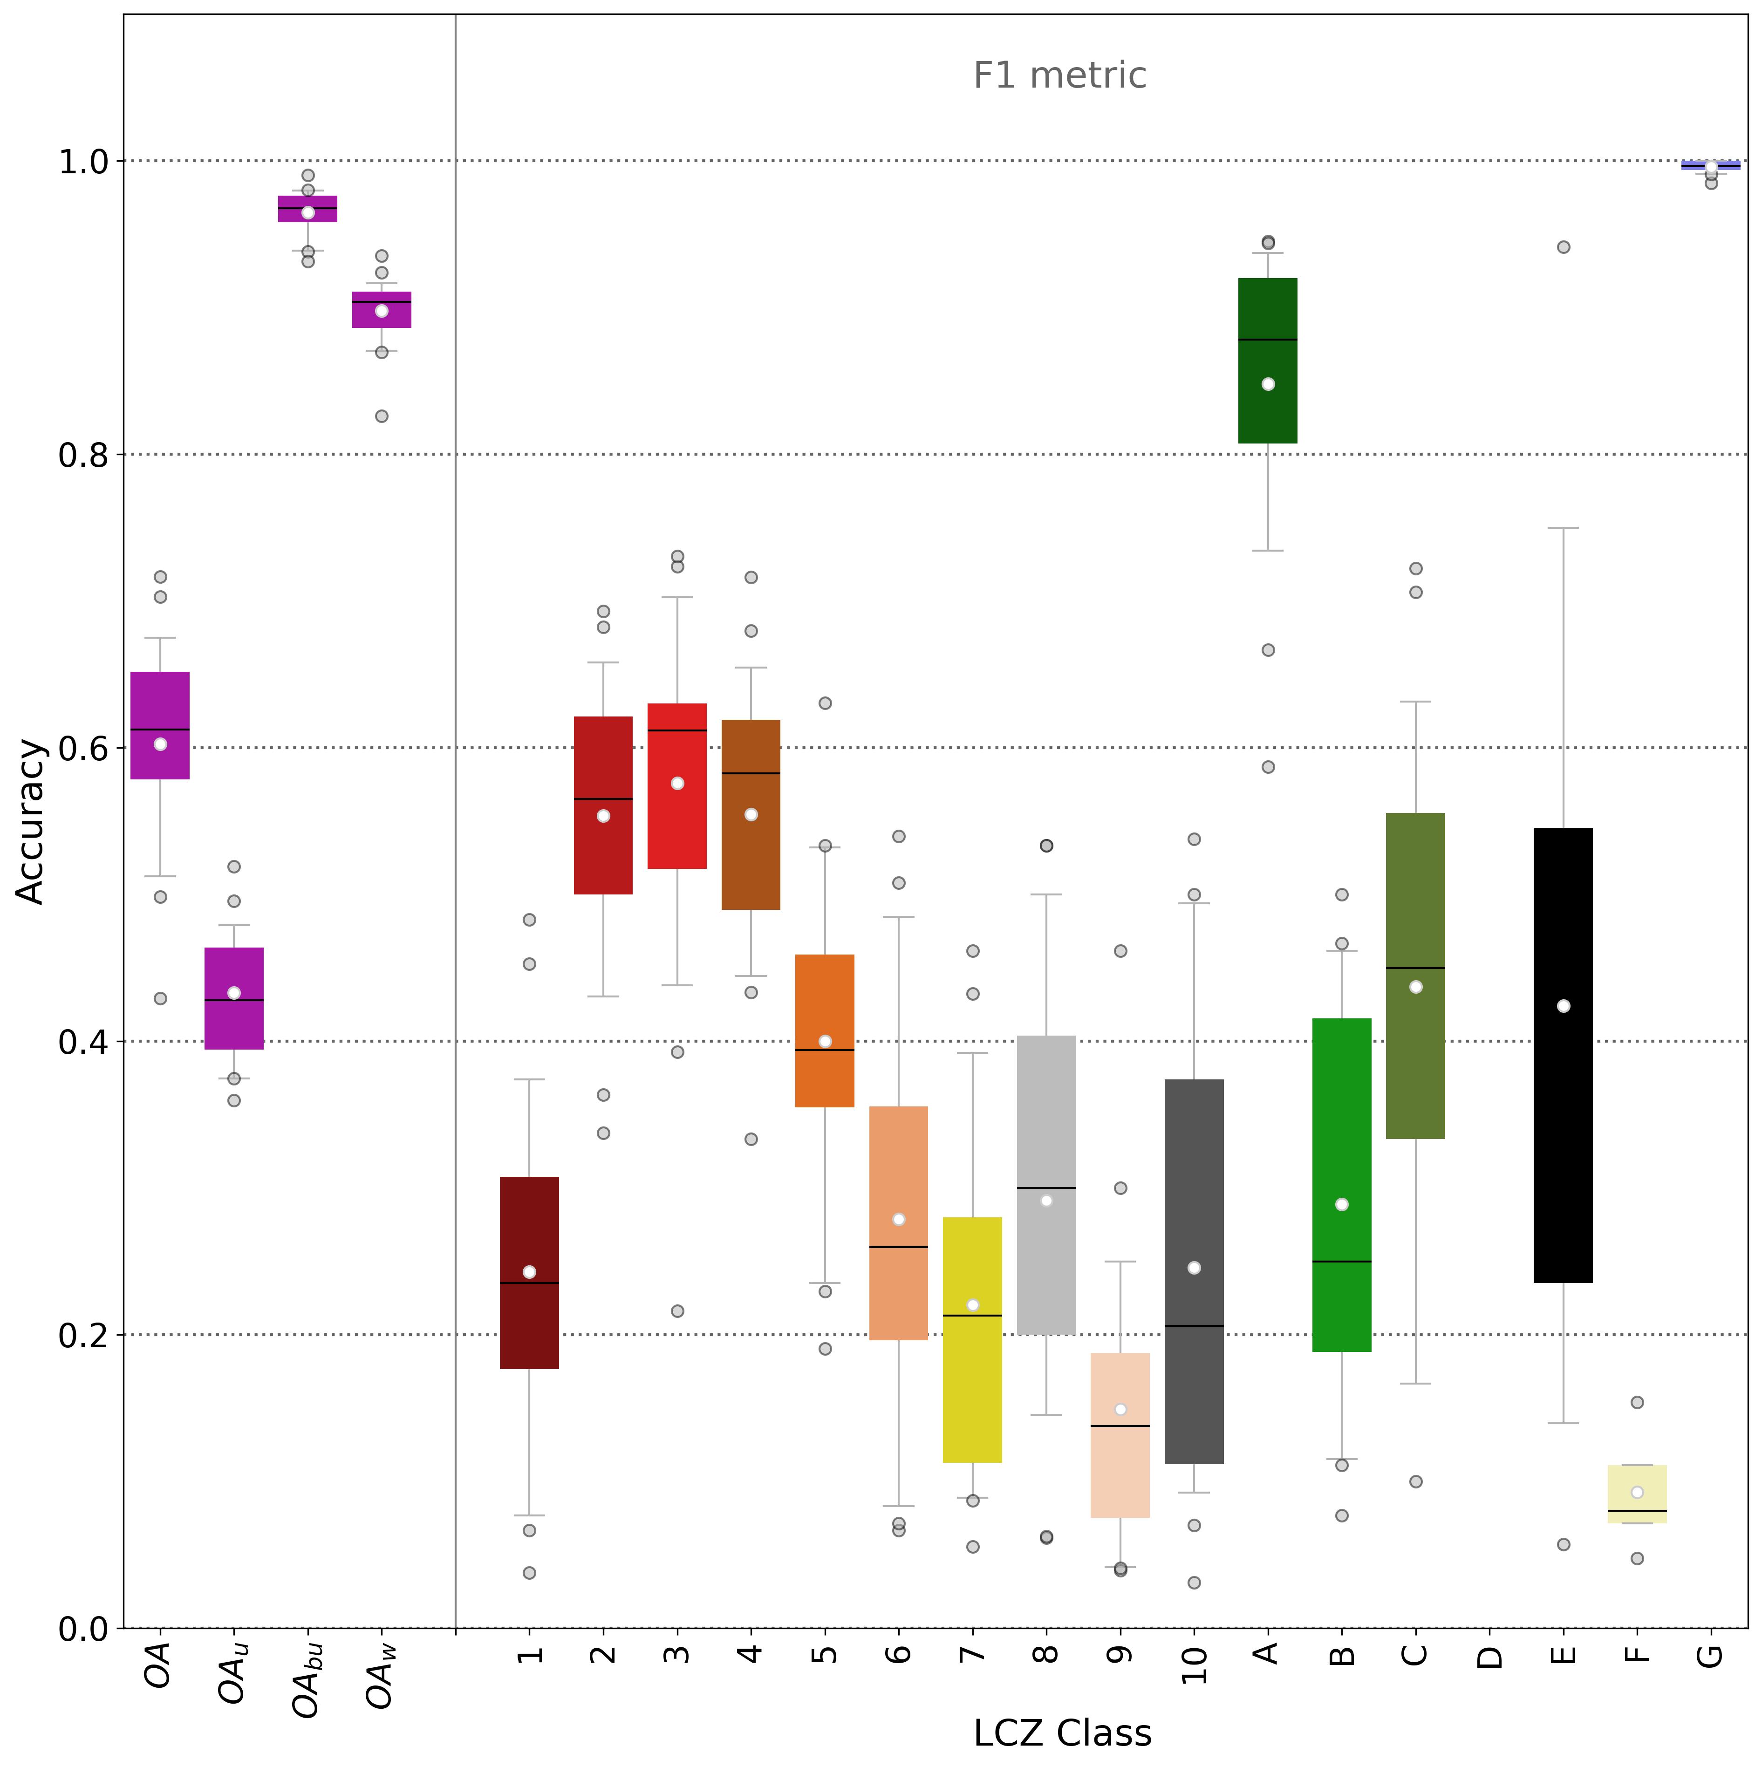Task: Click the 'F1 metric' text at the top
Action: pos(1059,75)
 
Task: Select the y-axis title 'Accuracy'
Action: pos(31,821)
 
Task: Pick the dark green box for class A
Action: pos(1268,361)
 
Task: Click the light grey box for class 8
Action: pos(1046,1184)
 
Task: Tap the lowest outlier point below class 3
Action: pos(677,1310)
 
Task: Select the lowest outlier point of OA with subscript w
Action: pos(382,416)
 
